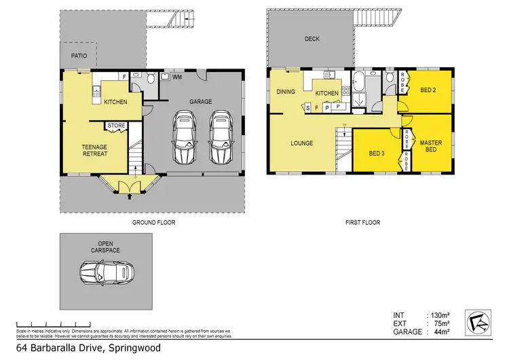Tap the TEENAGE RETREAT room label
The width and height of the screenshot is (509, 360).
[94, 150]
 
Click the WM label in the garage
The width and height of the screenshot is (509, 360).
[177, 77]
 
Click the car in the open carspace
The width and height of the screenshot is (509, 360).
[107, 272]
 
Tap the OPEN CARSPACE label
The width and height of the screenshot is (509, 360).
[105, 247]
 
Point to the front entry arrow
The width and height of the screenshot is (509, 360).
[130, 198]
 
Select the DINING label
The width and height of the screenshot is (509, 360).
[285, 92]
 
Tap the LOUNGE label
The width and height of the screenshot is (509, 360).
[301, 143]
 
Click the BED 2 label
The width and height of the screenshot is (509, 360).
[428, 90]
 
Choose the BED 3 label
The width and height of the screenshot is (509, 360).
[377, 154]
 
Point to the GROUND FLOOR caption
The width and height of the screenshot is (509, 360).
[151, 222]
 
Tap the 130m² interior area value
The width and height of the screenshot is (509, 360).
[439, 315]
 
